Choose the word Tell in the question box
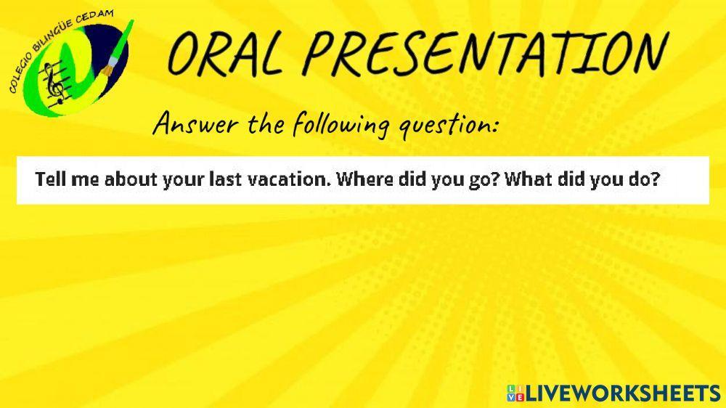tap(51, 179)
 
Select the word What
tap(529, 179)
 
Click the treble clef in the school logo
tap(50, 83)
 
